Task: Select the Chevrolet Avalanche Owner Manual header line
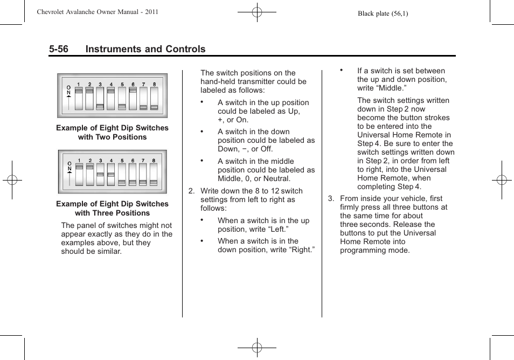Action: [97, 11]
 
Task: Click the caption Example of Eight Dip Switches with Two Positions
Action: [112, 133]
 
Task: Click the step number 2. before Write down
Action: [191, 191]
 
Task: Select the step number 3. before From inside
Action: [331, 198]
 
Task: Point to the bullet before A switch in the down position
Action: [202, 131]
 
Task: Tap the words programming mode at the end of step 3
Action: [374, 250]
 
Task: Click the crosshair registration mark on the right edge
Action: [502, 180]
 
